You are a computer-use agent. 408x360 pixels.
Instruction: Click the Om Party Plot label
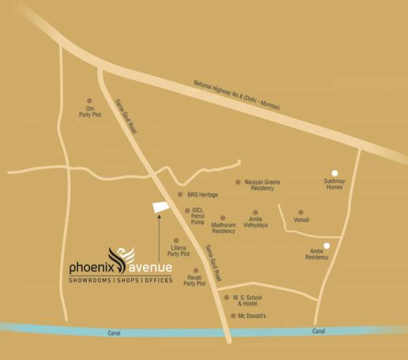[x=90, y=112]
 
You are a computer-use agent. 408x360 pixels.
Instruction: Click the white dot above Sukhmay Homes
[x=334, y=173]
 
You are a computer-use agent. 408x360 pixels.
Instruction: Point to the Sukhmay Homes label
[x=335, y=184]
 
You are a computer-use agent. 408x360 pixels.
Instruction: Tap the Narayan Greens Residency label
[x=262, y=185]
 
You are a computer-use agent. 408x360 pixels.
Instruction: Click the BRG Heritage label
[x=203, y=195]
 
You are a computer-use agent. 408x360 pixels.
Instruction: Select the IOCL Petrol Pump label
[x=198, y=216]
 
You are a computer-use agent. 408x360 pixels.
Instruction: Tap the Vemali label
[x=301, y=220]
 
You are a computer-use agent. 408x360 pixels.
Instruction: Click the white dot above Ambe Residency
[x=326, y=246]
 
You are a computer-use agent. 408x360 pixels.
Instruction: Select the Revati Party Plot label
[x=194, y=280]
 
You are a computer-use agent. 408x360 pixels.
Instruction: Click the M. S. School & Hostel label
[x=248, y=301]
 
